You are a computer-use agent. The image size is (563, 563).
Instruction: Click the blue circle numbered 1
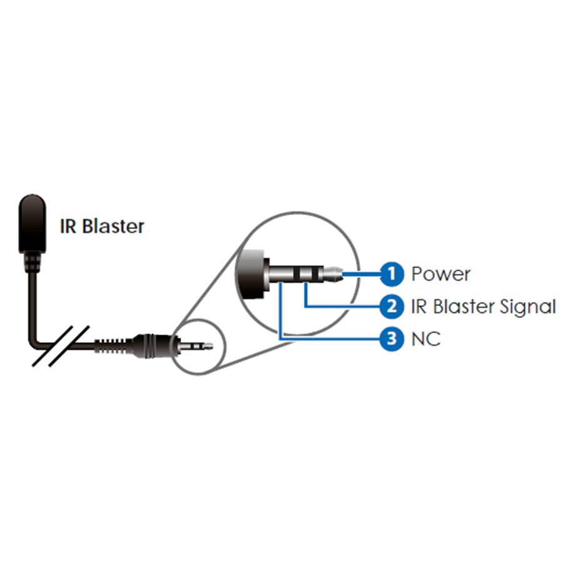[392, 275]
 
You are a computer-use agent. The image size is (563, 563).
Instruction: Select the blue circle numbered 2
[392, 307]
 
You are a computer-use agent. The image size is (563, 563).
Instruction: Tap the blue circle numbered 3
[392, 338]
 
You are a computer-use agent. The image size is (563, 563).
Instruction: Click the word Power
[440, 275]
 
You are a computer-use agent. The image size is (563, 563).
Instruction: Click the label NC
[426, 339]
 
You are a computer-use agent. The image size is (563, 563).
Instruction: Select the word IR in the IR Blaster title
[68, 226]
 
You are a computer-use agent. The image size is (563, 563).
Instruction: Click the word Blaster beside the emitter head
[113, 226]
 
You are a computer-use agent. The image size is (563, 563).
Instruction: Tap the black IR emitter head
[33, 223]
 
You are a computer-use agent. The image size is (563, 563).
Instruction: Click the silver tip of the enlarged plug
[333, 275]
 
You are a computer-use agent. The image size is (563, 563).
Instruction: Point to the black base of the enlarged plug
[251, 273]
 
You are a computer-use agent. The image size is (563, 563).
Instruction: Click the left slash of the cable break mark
[53, 346]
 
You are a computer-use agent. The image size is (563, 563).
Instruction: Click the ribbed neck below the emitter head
[33, 262]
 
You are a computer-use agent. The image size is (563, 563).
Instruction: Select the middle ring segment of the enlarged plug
[305, 275]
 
